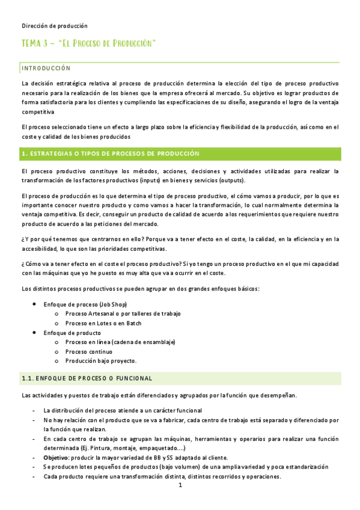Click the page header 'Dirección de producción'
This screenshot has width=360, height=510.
pyautogui.click(x=55, y=26)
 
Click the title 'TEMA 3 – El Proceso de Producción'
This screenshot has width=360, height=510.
pyautogui.click(x=89, y=44)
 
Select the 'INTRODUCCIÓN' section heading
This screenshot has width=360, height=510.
pyautogui.click(x=46, y=68)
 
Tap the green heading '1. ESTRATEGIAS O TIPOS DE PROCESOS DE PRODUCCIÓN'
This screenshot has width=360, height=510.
pyautogui.click(x=110, y=154)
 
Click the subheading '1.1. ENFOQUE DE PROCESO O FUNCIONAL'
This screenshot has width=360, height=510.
pyautogui.click(x=87, y=378)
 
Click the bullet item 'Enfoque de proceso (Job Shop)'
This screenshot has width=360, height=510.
pyautogui.click(x=85, y=305)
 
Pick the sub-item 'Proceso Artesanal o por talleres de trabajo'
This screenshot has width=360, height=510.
pyautogui.click(x=123, y=314)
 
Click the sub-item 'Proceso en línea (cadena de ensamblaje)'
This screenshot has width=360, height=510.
pyautogui.click(x=120, y=342)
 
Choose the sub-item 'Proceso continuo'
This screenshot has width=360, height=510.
pyautogui.click(x=88, y=352)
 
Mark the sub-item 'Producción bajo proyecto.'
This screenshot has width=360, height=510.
pyautogui.click(x=101, y=361)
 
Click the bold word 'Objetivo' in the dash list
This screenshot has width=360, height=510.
pyautogui.click(x=56, y=458)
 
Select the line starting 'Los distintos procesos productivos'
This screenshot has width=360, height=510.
pyautogui.click(x=140, y=289)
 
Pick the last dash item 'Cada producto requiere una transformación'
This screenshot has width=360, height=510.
pyautogui.click(x=162, y=476)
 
